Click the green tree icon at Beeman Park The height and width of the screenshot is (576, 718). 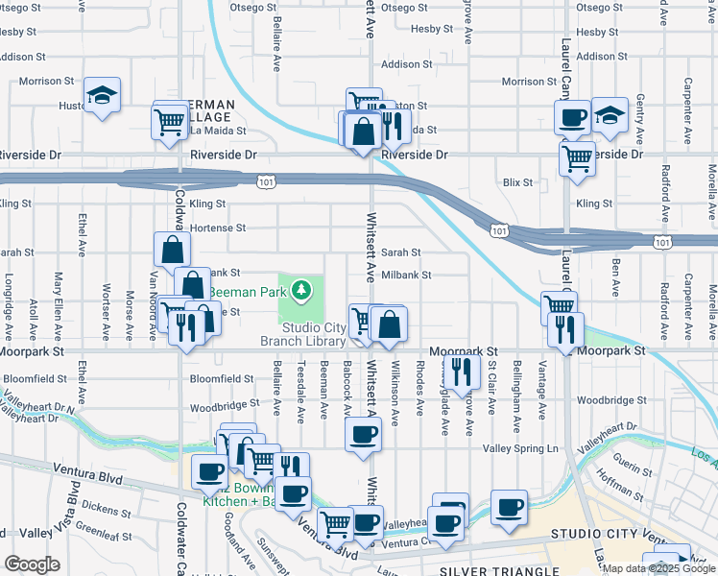tap(301, 288)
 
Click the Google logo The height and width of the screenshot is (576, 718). tap(32, 564)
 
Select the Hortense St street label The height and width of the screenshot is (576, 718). tap(217, 228)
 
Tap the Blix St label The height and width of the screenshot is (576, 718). tap(517, 181)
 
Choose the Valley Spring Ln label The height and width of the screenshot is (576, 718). tap(525, 448)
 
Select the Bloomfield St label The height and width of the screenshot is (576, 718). tap(220, 379)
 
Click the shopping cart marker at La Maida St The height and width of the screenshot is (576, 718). tap(169, 121)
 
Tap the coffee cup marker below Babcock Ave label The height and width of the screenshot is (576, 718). tap(363, 435)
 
